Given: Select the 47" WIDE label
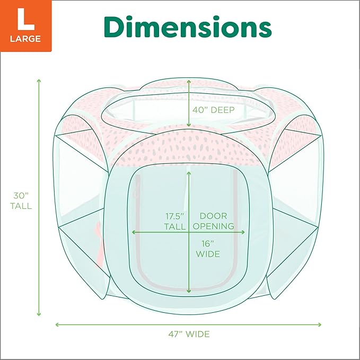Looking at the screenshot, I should (188, 334).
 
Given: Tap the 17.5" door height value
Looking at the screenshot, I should (175, 216).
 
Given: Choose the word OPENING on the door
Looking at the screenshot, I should (213, 226).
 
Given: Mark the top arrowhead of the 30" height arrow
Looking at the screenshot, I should (39, 81).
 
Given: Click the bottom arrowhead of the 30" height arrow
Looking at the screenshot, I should (39, 314).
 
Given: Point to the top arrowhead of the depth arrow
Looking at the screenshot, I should (189, 81).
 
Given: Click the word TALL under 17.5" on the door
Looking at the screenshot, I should (175, 226).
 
